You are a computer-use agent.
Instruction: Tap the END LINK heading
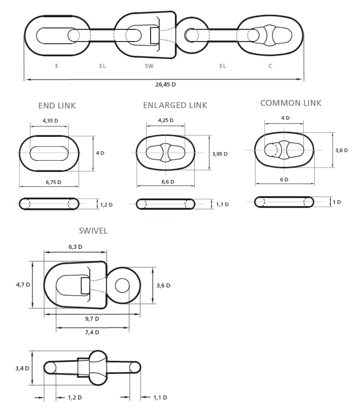tap(57, 106)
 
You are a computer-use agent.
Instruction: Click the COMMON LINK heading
tap(291, 103)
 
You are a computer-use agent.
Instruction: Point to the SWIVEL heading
tap(93, 231)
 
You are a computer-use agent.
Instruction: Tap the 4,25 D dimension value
tap(165, 121)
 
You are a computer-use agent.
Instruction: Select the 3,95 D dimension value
tap(219, 154)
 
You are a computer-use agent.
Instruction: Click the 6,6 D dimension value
tap(167, 182)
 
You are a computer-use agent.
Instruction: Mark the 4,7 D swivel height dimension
tap(22, 285)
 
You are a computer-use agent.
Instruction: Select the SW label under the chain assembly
tap(148, 66)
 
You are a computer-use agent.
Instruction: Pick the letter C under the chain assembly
tap(270, 66)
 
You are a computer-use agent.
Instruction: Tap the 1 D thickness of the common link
tap(337, 202)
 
